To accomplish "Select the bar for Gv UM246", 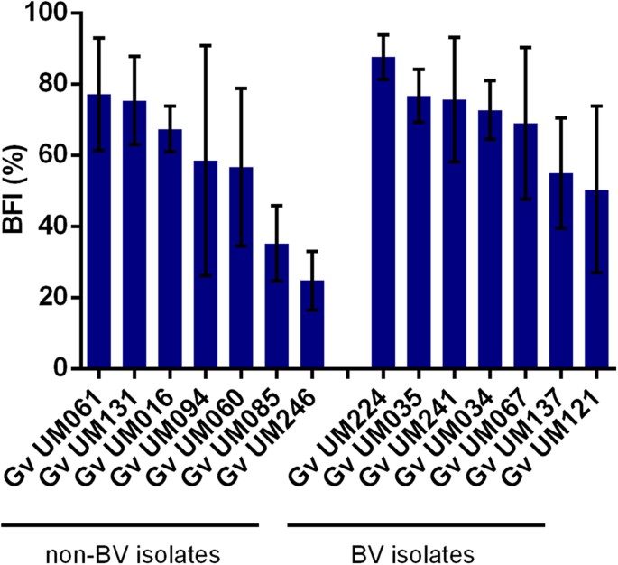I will click(x=311, y=324).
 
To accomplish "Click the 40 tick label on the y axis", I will click(x=53, y=227).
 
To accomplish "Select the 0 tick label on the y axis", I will click(x=60, y=369).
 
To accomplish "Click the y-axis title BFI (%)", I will click(x=16, y=191).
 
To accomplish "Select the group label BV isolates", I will click(x=416, y=550).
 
